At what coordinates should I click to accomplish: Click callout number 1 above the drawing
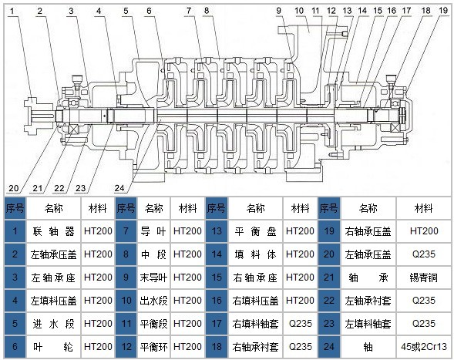pos(12,12)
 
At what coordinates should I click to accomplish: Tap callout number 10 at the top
pos(299,11)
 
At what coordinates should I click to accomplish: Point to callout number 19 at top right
pos(443,11)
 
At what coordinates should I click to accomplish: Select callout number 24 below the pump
pos(119,188)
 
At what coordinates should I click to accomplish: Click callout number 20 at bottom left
pos(13,188)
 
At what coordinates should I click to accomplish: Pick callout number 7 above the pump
pos(189,11)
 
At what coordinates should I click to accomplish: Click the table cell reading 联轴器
pos(53,231)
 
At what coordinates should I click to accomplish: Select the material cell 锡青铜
pos(424,278)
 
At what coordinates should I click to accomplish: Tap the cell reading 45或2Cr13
pos(424,346)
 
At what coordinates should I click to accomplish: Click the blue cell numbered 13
pos(217,231)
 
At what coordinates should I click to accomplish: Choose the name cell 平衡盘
pos(255,231)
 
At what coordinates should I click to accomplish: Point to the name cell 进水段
pos(53,324)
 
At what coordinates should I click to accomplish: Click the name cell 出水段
pos(153,301)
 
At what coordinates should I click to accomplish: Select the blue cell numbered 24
pos(329,346)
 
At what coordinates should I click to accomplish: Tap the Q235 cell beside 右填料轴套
pos(301,324)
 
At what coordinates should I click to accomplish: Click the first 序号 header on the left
pos(15,208)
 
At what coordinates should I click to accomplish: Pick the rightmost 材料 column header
pos(424,208)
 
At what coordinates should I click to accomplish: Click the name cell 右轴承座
pos(255,278)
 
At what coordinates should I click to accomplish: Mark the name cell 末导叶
pos(153,278)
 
